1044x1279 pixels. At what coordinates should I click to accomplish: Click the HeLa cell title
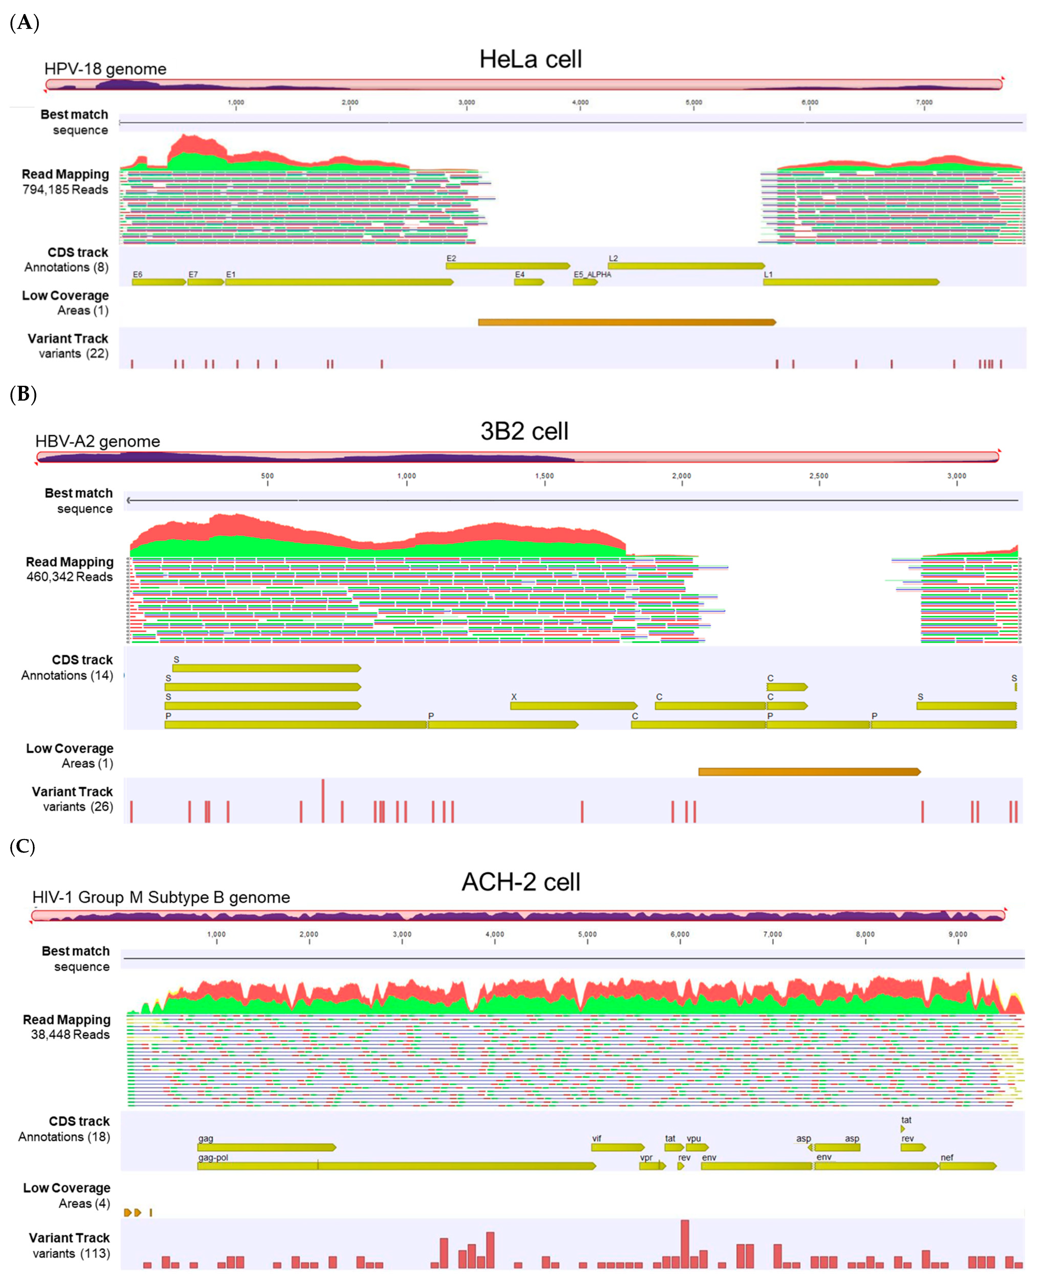point(530,59)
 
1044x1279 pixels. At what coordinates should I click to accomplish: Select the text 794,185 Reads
point(65,189)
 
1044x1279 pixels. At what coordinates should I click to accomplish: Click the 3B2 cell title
point(524,431)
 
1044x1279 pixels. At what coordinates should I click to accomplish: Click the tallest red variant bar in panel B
point(323,800)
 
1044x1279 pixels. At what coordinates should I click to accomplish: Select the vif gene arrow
point(617,1147)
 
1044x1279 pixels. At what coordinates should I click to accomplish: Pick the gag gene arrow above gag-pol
point(266,1147)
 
